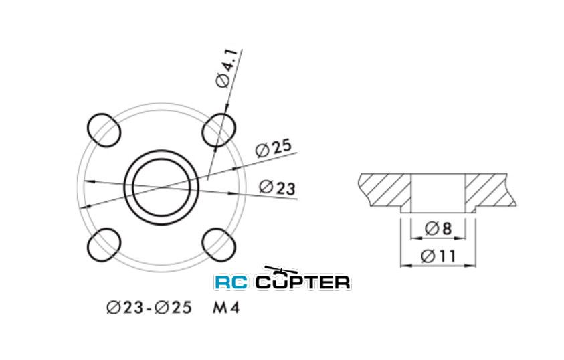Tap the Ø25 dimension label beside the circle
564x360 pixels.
(272, 149)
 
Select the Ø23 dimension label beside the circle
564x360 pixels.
(276, 187)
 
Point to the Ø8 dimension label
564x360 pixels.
(438, 228)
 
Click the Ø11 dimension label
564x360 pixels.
(439, 255)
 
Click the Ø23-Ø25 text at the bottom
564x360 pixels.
(149, 308)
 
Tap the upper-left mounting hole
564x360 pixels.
(104, 128)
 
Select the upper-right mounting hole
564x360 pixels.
(219, 128)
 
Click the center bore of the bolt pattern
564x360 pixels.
(161, 186)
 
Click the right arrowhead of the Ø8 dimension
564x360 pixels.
(462, 237)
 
